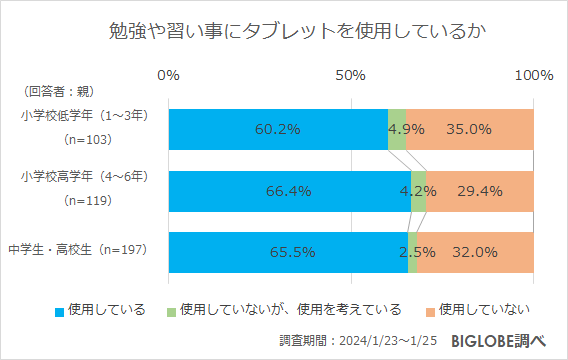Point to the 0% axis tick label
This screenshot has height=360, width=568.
(169, 76)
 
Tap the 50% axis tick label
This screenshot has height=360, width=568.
(350, 76)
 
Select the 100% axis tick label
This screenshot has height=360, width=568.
(532, 76)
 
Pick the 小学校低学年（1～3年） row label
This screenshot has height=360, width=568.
(84, 116)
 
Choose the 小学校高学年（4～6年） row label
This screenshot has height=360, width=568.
(84, 178)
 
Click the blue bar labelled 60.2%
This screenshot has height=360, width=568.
(278, 128)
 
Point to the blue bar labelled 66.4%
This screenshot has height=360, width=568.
(289, 190)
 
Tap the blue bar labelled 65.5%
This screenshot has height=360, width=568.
(288, 252)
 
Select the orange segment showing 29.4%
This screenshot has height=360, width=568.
(480, 190)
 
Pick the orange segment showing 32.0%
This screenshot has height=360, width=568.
(475, 252)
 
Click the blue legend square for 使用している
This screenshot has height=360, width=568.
(59, 309)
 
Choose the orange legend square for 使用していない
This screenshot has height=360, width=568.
(430, 309)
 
